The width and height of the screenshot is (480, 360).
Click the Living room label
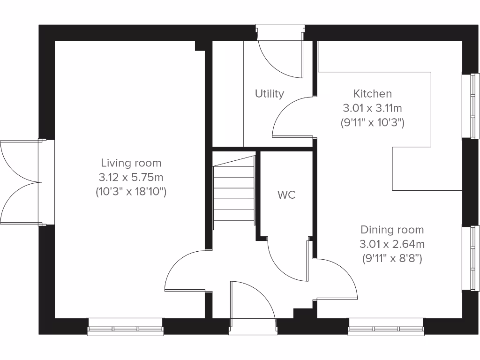click(131, 163)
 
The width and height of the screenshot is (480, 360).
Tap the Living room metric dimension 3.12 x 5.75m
click(131, 177)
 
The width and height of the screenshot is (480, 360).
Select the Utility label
click(270, 94)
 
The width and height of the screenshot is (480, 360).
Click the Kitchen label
click(373, 94)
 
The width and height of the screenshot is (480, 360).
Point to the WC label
click(286, 195)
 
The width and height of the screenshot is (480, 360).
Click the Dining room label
click(392, 230)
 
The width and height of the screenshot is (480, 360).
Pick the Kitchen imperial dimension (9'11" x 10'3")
click(373, 123)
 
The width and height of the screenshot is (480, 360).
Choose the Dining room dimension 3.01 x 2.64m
click(392, 244)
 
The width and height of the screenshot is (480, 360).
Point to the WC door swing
click(287, 260)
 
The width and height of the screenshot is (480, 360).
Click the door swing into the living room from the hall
click(185, 271)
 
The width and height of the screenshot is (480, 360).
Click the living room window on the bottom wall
click(126, 327)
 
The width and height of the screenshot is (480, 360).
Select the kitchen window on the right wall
click(471, 106)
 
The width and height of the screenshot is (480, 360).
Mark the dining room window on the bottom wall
click(386, 327)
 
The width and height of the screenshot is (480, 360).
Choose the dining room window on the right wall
click(471, 258)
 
